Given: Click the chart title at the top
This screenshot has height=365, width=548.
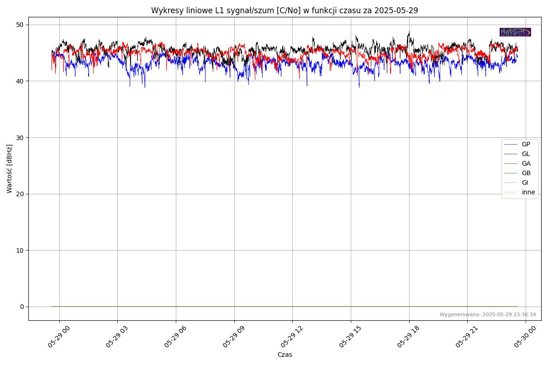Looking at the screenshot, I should click(x=285, y=10).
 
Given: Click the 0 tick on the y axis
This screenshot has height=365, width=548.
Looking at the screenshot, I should click(x=21, y=307).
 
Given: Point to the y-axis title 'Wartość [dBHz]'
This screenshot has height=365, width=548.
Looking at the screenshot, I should click(x=10, y=169).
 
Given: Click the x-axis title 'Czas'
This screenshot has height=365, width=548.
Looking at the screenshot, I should click(x=285, y=355).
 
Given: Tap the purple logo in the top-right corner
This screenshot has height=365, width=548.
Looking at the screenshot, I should click(x=515, y=32).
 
